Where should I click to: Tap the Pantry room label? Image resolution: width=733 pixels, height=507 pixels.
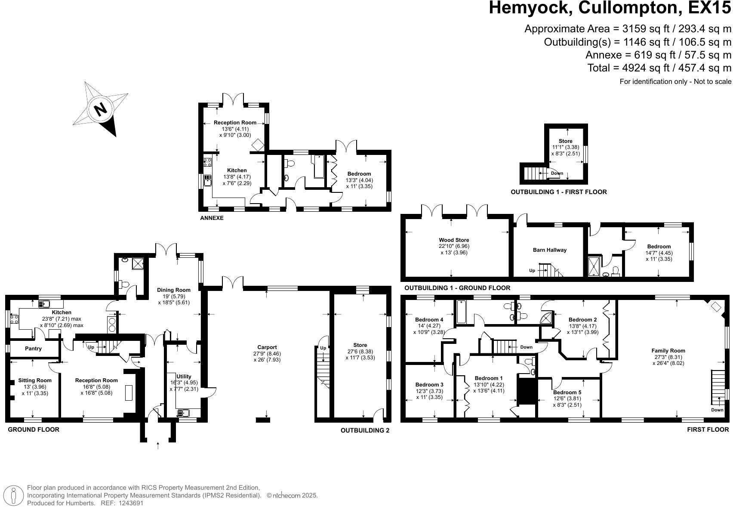(x=33, y=348)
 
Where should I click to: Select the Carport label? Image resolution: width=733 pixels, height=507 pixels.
(x=267, y=347)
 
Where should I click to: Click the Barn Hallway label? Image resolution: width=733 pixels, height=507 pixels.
(x=550, y=250)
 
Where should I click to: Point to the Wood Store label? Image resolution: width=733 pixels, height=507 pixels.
(x=454, y=240)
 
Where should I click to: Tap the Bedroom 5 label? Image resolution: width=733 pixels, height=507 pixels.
(x=567, y=392)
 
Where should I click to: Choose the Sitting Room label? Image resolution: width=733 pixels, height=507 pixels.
(x=35, y=380)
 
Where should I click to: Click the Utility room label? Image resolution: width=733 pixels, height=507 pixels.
(x=184, y=376)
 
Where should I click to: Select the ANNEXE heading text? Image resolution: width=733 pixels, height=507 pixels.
(x=212, y=218)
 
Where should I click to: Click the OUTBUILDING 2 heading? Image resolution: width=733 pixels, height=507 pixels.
(x=365, y=430)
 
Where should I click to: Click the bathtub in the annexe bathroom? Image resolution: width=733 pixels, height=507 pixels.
(x=319, y=167)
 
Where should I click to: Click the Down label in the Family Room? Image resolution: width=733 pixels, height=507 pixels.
(x=717, y=410)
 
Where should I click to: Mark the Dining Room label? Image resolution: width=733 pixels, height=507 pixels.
(x=174, y=290)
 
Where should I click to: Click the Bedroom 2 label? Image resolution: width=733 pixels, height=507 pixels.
(x=582, y=319)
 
